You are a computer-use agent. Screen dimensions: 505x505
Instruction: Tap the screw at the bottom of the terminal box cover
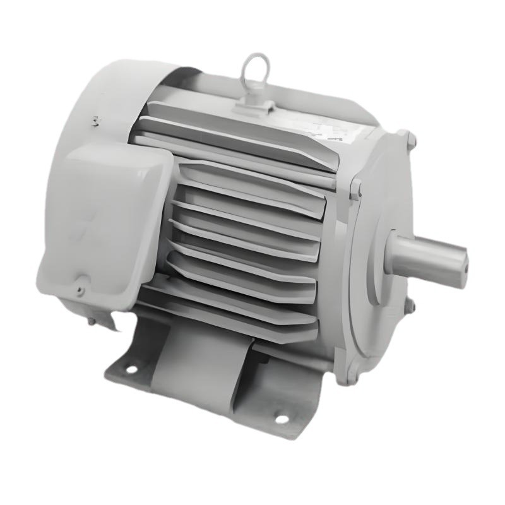pos(80,290)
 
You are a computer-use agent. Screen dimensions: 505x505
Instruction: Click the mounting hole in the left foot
pos(132,368)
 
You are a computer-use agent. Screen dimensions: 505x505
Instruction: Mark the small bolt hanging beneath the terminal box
pos(92,321)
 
